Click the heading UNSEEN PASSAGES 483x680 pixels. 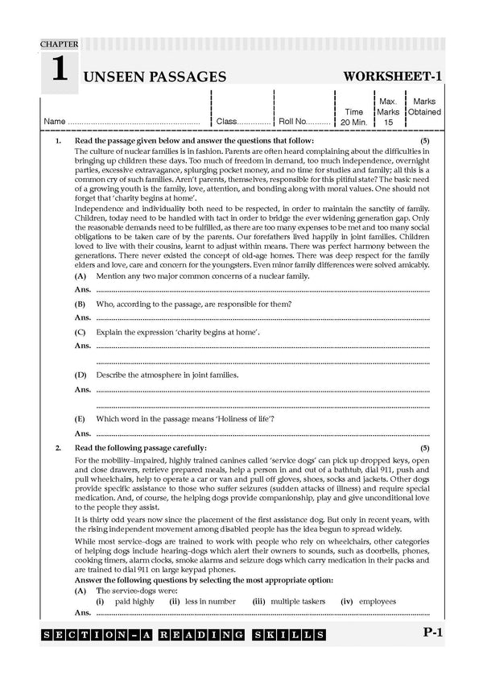tap(154, 77)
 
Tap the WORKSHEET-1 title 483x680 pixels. tap(393, 77)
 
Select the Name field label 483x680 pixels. tap(54, 122)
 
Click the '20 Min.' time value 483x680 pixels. tap(354, 122)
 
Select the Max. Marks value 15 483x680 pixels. tap(388, 122)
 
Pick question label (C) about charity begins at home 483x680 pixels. tap(80, 332)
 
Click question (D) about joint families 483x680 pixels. tap(80, 375)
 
